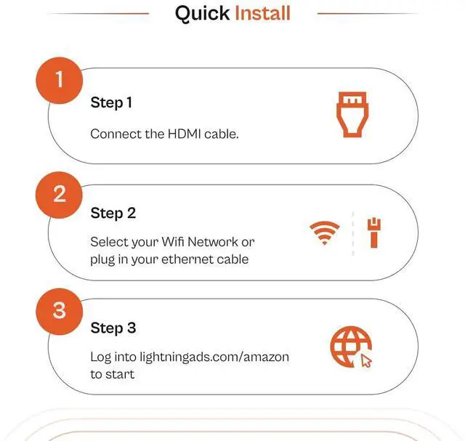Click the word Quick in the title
(202, 13)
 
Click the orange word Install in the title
(262, 13)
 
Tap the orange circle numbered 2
(60, 194)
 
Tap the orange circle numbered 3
(60, 310)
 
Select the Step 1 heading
(111, 102)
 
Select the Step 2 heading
(113, 213)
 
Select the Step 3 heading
(113, 328)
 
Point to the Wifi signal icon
(324, 233)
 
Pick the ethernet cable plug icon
(373, 232)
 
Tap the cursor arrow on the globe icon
(366, 360)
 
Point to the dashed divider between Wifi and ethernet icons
(352, 234)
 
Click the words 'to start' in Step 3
(112, 374)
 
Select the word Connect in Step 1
(115, 134)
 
